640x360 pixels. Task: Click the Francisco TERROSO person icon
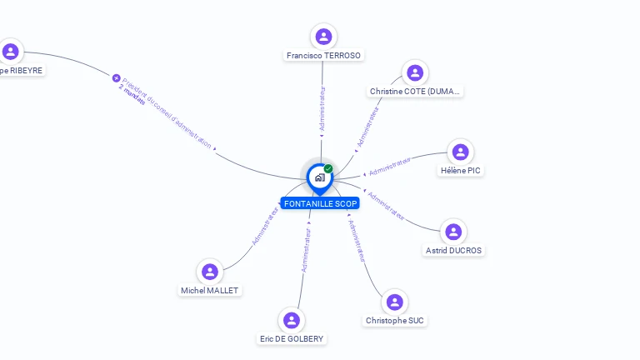click(323, 37)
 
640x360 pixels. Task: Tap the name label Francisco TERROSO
click(323, 56)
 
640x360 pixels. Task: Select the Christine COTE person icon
click(414, 72)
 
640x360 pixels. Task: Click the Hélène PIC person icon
click(460, 152)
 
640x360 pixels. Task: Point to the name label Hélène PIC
click(461, 171)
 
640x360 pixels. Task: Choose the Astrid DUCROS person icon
click(452, 232)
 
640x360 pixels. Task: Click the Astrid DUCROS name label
click(453, 250)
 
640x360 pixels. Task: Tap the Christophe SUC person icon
click(395, 302)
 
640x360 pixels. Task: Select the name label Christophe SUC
click(396, 320)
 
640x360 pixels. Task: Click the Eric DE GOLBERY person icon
click(291, 320)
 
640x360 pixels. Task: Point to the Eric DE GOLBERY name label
click(292, 339)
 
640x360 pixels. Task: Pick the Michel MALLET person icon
click(210, 272)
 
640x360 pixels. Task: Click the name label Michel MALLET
click(210, 291)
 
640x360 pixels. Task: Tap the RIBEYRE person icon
click(10, 52)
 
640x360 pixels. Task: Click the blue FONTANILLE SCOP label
click(320, 203)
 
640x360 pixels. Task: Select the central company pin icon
click(319, 177)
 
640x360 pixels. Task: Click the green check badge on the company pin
click(328, 169)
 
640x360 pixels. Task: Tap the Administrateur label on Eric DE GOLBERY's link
click(306, 250)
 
